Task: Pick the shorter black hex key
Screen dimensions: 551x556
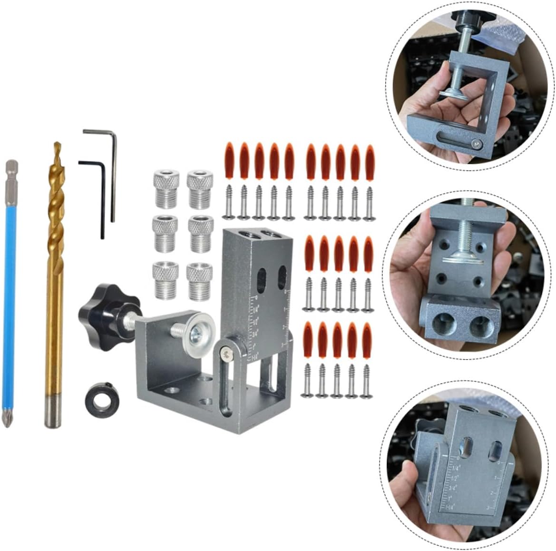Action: (101, 200)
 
